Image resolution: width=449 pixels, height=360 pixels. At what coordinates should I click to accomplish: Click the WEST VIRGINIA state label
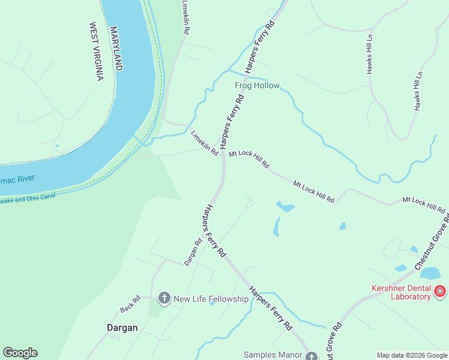pos(97,52)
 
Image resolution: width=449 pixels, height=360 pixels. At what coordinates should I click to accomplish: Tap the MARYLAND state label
pos(116,48)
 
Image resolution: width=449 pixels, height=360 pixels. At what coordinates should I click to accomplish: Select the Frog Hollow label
pos(257,86)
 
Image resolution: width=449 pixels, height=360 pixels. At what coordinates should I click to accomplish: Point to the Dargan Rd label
pos(193,253)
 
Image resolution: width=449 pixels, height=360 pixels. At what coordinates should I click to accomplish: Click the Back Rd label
pos(130,304)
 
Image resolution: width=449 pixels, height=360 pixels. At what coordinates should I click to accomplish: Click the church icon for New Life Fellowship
pos(164,298)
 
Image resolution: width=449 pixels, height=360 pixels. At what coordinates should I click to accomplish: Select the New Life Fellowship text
pos(211,298)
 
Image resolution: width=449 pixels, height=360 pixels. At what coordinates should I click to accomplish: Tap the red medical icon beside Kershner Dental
pos(440,292)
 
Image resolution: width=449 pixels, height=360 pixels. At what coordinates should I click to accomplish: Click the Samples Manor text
pos(273,355)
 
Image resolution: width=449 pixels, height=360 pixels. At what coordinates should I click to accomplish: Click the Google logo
pos(20,353)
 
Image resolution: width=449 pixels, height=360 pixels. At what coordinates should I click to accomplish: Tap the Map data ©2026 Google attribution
pos(412,355)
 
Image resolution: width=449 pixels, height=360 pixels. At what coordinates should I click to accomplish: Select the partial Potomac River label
pos(17,179)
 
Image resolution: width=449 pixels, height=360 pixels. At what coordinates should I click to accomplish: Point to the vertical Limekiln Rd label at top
pos(186,17)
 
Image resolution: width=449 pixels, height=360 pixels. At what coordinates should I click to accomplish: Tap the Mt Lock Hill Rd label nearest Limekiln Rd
pos(249,158)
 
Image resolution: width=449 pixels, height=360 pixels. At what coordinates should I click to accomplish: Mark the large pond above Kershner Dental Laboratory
pos(430,273)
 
